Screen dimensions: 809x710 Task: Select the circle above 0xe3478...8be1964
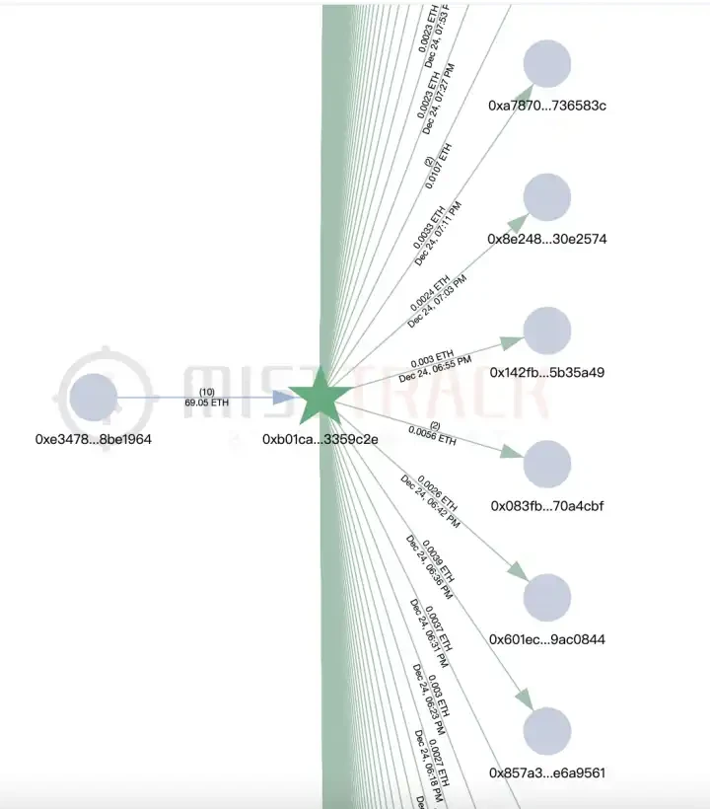94,398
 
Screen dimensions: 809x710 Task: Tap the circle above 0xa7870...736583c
547,64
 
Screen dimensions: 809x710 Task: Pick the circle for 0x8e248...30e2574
547,197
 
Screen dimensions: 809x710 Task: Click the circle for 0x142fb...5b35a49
547,331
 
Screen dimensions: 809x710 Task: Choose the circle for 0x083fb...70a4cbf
547,464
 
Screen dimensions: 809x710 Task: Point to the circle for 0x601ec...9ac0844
547,598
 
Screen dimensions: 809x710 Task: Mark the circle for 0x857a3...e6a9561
547,731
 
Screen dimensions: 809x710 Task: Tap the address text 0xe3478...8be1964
94,437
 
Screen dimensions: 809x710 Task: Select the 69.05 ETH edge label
206,403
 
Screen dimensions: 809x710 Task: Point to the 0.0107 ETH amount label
439,166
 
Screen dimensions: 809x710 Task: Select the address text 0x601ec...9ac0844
547,639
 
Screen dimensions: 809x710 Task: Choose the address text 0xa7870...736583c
547,105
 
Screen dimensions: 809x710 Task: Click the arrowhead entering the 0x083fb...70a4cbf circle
511,453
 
